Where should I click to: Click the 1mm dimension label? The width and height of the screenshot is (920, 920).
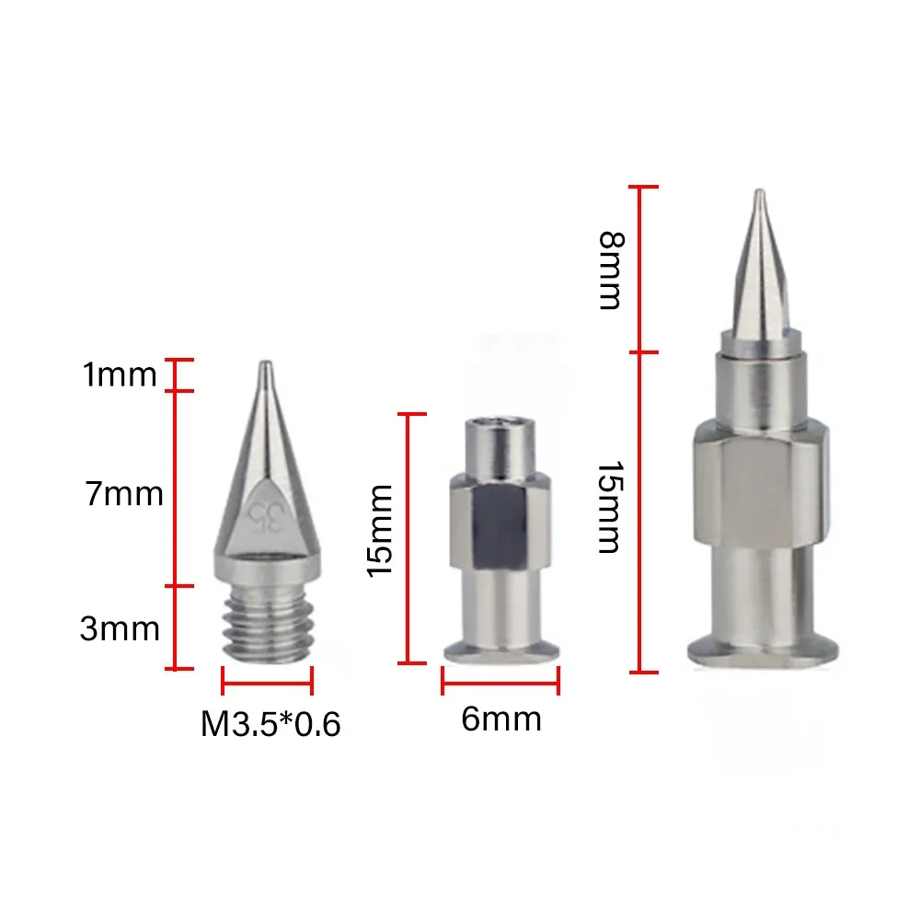click(120, 374)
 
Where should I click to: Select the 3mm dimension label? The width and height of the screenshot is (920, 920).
click(120, 628)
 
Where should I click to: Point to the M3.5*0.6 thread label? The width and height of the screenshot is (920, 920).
click(270, 723)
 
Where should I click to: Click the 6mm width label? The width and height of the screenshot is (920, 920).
click(501, 719)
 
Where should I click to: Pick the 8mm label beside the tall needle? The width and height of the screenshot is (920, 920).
click(612, 270)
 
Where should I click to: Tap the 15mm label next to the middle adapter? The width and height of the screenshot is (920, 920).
click(380, 531)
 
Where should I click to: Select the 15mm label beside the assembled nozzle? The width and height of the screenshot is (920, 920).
click(610, 508)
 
